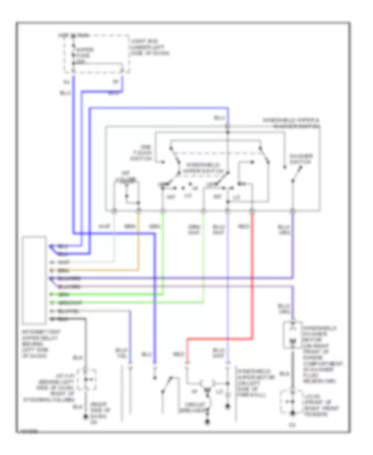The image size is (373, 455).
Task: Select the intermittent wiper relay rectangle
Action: click(35, 280)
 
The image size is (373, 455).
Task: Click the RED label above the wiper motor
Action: click(179, 354)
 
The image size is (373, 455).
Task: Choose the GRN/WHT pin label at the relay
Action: click(66, 303)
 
